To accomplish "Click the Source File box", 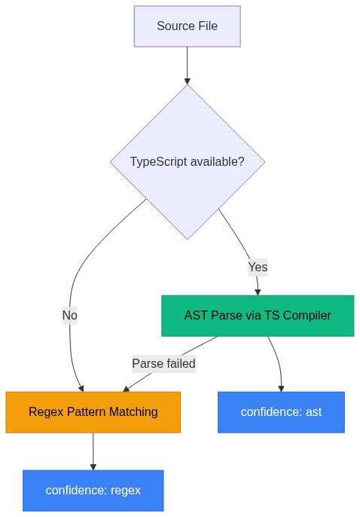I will coord(187,26).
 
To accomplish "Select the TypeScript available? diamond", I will coord(187,162).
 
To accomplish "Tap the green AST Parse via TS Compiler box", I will coord(258,315).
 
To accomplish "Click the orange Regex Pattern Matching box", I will coord(93,411).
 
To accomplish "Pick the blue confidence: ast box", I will coord(281,411).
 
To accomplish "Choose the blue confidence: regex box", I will coord(93,490).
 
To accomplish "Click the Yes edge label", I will coord(258,267).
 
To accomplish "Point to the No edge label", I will coord(69,315).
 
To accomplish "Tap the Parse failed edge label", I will coord(163,363).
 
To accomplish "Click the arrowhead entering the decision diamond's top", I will coord(187,80).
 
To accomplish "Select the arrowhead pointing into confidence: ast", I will coord(281,387).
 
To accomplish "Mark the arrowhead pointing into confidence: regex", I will coord(93,466).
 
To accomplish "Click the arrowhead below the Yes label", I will coord(258,291).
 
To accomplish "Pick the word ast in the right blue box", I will coord(313,411).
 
